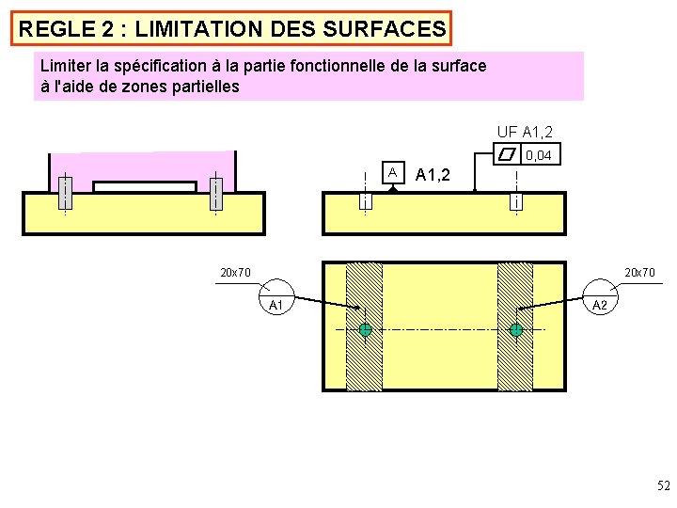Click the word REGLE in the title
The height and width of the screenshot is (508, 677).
tap(54, 29)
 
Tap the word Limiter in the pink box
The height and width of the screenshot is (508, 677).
tap(67, 66)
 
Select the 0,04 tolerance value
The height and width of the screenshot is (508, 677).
tap(539, 154)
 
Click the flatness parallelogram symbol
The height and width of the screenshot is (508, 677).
tap(508, 154)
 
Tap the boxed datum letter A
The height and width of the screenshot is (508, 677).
tap(392, 172)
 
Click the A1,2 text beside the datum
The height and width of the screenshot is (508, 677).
tap(433, 175)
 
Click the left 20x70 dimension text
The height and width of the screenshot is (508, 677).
tap(234, 273)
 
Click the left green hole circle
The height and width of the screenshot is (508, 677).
tap(366, 330)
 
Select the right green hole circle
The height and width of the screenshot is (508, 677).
tap(516, 330)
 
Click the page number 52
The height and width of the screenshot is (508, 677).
tap(663, 486)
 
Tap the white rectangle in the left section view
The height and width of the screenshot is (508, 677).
tap(145, 186)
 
